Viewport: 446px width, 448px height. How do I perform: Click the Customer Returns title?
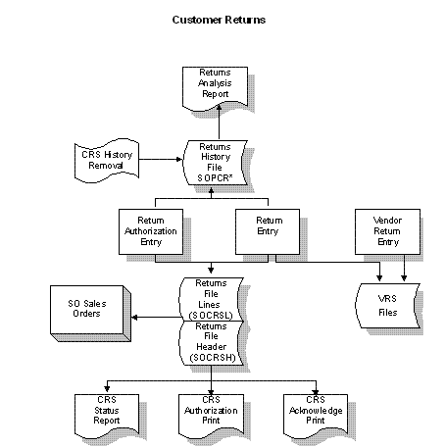coord(219,20)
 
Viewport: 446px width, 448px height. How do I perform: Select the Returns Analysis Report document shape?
coord(215,87)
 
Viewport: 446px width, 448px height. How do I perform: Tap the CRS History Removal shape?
coord(107,160)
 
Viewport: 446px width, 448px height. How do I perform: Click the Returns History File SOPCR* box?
coord(215,163)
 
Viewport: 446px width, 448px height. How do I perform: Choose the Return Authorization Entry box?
coord(151,231)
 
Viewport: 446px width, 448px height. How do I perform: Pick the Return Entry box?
coord(268,231)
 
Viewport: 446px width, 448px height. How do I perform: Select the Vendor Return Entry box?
coord(387,231)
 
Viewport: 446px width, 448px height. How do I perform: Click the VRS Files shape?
coord(387,306)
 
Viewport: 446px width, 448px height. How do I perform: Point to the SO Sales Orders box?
coord(90,314)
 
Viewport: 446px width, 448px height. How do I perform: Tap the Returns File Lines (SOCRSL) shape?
coord(211,299)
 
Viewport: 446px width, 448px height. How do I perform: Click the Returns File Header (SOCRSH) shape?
coord(211,343)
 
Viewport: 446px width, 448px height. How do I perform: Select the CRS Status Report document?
coord(107,415)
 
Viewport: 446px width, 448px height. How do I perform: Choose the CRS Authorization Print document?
coord(211,415)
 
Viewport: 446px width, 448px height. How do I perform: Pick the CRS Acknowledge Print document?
coord(316,415)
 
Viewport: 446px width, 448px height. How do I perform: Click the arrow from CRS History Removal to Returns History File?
coord(161,160)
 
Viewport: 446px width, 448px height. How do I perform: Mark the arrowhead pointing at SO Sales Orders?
coord(134,317)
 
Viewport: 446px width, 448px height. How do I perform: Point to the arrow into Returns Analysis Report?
coord(219,123)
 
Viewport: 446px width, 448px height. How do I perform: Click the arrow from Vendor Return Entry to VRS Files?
coord(404,268)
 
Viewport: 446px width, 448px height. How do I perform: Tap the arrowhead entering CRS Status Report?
coord(107,388)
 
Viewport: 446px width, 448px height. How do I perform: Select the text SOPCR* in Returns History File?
coord(215,178)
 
